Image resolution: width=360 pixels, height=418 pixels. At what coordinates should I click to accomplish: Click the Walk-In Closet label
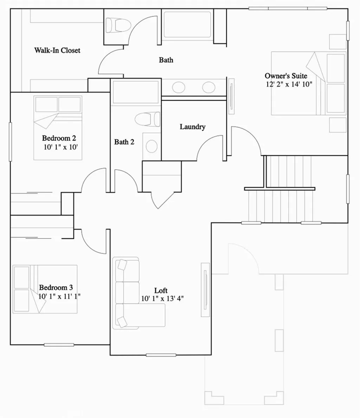pyautogui.click(x=57, y=50)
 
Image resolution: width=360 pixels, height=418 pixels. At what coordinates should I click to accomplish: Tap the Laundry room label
pyautogui.click(x=192, y=127)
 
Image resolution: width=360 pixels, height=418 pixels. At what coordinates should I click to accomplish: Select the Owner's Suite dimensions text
pyautogui.click(x=289, y=84)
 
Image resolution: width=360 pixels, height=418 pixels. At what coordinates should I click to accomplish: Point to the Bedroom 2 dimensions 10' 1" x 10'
pyautogui.click(x=60, y=147)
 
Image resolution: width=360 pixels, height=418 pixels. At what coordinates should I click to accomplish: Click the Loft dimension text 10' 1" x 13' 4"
pyautogui.click(x=162, y=299)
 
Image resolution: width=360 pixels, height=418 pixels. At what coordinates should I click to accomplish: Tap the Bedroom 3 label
pyautogui.click(x=56, y=288)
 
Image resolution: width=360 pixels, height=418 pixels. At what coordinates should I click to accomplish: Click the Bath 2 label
pyautogui.click(x=124, y=142)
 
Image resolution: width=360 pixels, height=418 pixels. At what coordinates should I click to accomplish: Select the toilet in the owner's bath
pyautogui.click(x=118, y=25)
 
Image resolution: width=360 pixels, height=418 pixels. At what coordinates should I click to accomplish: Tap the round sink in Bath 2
pyautogui.click(x=152, y=145)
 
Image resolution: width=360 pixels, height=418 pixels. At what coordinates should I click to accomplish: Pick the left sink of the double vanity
pyautogui.click(x=178, y=87)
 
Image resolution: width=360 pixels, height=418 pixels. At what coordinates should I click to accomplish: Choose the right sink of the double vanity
pyautogui.click(x=209, y=87)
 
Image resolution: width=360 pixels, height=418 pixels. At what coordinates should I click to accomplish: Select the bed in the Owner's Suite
pyautogui.click(x=308, y=84)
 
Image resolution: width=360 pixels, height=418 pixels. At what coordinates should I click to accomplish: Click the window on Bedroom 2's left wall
pyautogui.click(x=10, y=142)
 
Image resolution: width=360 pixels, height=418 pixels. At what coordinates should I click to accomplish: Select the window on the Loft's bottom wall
pyautogui.click(x=161, y=355)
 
